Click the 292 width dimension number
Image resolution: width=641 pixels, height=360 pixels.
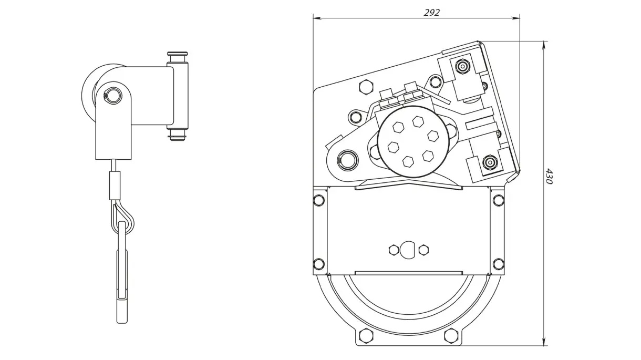click(431, 13)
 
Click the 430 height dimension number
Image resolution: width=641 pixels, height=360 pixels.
click(549, 176)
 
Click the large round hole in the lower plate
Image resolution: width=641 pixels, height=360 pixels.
click(408, 250)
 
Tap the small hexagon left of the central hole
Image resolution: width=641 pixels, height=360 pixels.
click(392, 250)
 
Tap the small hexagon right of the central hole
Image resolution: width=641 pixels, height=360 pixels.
click(423, 250)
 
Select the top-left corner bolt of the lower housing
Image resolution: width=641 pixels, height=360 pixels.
click(318, 200)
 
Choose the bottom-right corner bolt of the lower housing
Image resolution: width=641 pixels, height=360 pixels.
click(498, 263)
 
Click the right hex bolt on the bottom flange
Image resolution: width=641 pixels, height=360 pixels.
click(450, 334)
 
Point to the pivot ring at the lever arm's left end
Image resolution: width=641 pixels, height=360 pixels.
click(347, 158)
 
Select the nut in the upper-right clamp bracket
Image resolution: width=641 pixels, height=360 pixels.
click(462, 67)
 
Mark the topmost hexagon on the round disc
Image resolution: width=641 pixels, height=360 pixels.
click(418, 121)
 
